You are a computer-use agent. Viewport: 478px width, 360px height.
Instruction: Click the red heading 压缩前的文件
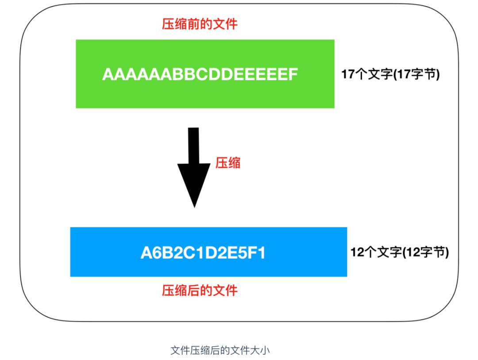[200, 23]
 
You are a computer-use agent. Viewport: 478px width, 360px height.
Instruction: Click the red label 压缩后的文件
[200, 290]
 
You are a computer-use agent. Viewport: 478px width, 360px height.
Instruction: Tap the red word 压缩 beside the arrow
[227, 163]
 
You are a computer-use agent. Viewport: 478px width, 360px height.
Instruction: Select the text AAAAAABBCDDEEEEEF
[199, 74]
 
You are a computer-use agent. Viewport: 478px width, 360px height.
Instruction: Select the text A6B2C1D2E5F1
[203, 253]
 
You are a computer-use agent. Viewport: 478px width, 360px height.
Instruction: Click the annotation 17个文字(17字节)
[390, 74]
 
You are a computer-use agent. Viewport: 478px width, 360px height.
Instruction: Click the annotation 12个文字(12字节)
[400, 253]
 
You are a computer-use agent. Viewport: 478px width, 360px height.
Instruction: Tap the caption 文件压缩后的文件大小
[220, 351]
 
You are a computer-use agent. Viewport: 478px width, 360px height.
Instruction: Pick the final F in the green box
[291, 74]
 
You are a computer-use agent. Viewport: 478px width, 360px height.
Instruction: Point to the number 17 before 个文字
[348, 74]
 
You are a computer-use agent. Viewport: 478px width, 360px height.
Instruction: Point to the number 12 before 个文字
[357, 253]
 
